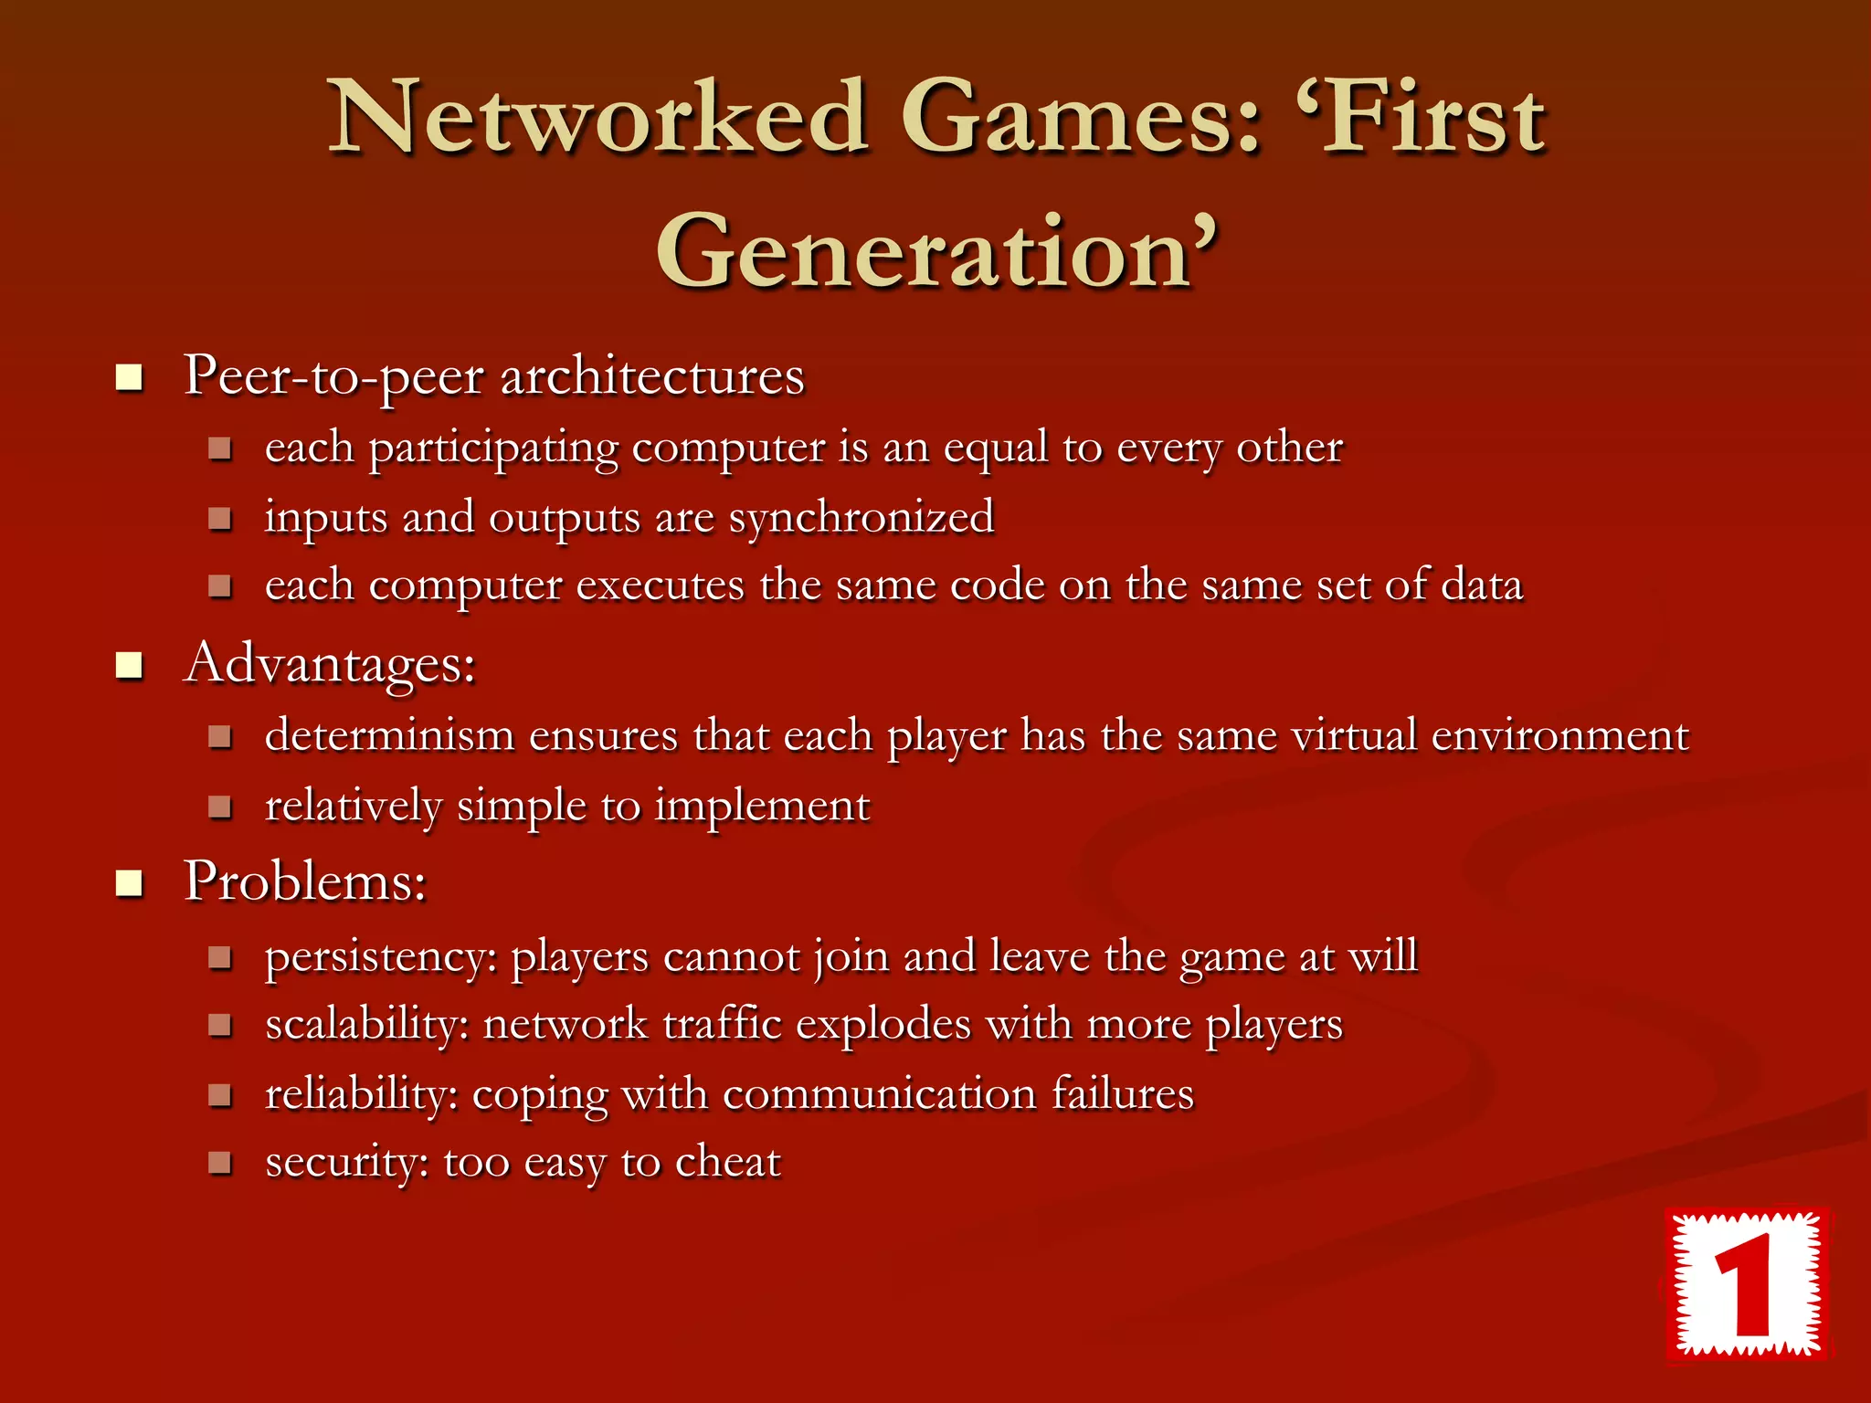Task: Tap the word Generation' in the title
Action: [937, 250]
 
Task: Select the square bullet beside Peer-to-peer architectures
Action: [130, 376]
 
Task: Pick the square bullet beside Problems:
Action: [130, 883]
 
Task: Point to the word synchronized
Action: [861, 518]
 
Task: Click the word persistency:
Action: [381, 958]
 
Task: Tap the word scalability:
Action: [367, 1025]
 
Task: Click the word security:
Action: [347, 1163]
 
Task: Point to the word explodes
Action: [883, 1025]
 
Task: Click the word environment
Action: [1559, 735]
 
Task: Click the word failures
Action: [1122, 1094]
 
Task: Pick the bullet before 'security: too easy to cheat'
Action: [219, 1163]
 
